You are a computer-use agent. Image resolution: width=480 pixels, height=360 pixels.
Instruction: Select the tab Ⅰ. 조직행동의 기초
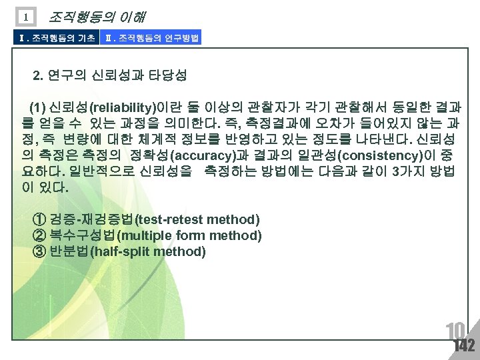[x=50, y=38]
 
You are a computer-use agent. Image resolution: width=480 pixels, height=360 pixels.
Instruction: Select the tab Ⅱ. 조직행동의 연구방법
[x=151, y=38]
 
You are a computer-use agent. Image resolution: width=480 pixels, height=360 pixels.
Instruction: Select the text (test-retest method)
[x=197, y=219]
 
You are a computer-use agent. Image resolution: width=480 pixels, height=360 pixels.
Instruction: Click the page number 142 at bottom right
[x=463, y=345]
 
